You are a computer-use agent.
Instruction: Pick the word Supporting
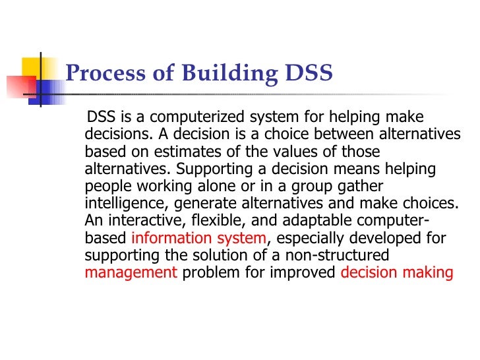[214, 169]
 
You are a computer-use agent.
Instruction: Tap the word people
[106, 186]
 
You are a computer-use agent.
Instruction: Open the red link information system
[199, 237]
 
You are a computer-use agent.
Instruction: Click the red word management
[131, 272]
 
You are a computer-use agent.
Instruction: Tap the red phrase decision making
[397, 272]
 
